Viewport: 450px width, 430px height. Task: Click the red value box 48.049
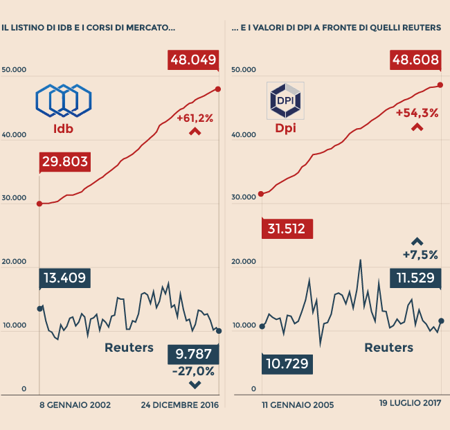click(x=193, y=60)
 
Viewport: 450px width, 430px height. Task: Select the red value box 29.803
click(x=64, y=162)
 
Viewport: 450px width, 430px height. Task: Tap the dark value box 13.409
click(x=64, y=279)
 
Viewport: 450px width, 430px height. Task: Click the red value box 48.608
click(x=415, y=60)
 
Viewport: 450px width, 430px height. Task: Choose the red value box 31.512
click(x=287, y=229)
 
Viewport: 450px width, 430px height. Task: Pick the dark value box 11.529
click(x=415, y=279)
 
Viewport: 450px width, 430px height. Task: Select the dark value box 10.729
click(x=287, y=364)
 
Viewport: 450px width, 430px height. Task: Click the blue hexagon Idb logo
click(x=63, y=101)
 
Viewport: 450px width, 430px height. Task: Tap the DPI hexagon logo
click(x=285, y=101)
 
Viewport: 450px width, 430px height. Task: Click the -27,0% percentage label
click(x=193, y=371)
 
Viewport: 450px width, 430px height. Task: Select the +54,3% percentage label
click(x=417, y=113)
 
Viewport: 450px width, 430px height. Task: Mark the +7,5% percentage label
click(x=420, y=255)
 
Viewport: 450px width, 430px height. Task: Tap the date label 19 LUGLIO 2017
click(x=410, y=402)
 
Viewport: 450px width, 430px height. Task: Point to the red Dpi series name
click(x=285, y=129)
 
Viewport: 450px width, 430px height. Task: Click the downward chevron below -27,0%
click(x=195, y=384)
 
